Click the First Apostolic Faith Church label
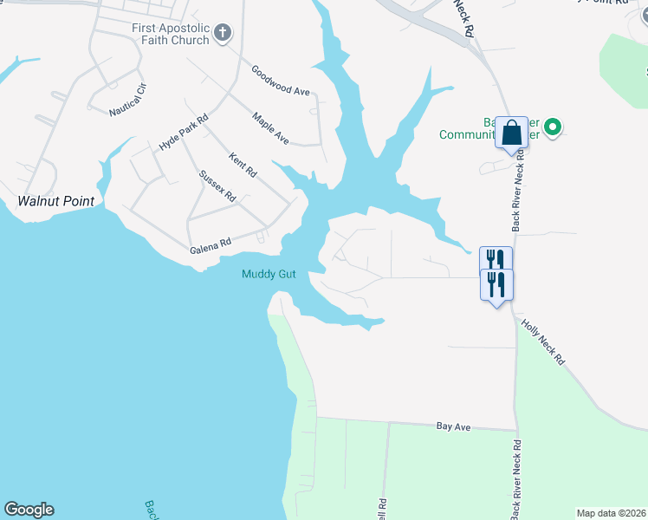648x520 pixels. click(171, 34)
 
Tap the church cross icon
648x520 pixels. click(224, 34)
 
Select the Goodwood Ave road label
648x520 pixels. click(280, 80)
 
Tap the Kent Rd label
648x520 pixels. click(243, 165)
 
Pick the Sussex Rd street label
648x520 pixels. click(217, 186)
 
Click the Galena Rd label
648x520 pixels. click(211, 248)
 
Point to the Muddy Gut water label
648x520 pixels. click(269, 275)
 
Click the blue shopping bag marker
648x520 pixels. click(511, 133)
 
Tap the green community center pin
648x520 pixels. click(551, 128)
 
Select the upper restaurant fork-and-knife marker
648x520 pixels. click(496, 260)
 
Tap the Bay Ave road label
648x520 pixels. click(453, 427)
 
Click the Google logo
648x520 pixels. click(29, 510)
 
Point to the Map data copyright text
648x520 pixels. click(612, 513)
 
